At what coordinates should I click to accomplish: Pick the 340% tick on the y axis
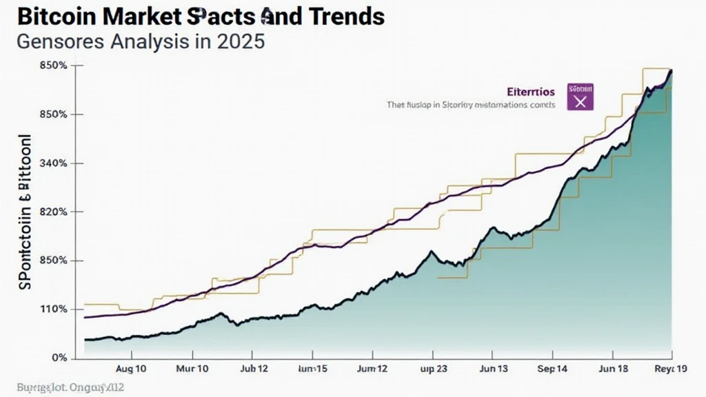[x=53, y=163]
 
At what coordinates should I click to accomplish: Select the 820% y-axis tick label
[x=53, y=212]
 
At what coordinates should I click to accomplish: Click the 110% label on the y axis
[x=53, y=309]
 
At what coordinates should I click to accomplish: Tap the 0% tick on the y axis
[x=59, y=358]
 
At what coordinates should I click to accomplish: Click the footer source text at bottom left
[x=61, y=388]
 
